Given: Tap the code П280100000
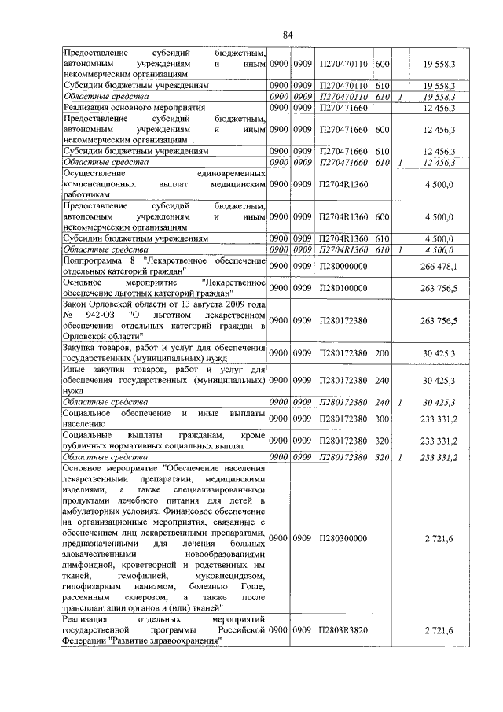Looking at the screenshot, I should pos(343,289).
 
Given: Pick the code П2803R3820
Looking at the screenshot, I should pos(343,631).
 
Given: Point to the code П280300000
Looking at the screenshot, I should pos(343,538).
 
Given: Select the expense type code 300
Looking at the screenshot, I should pos(383,418).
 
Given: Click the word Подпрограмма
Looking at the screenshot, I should pos(94,261).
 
